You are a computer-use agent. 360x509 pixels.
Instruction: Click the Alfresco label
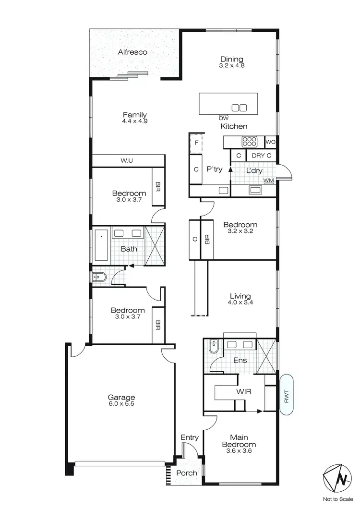point(132,52)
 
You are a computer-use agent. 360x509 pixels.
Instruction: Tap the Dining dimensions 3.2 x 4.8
point(232,66)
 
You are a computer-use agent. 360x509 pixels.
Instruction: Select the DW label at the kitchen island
point(223,118)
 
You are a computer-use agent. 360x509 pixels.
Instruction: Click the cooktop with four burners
point(250,141)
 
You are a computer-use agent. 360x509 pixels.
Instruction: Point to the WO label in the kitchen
point(270,142)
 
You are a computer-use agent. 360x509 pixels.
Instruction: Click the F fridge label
point(196,143)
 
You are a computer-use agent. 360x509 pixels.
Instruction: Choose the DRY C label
point(262,156)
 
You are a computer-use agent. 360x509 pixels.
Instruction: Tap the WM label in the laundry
point(268,181)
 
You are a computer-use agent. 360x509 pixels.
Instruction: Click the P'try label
point(214,170)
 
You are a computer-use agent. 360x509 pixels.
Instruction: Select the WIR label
point(244,391)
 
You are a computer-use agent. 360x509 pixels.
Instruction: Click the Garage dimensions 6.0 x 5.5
point(121,404)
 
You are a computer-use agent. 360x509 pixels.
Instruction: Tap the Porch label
point(187,473)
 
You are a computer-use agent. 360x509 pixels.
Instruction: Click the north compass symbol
point(341,479)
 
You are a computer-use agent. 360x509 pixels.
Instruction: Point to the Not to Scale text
point(341,500)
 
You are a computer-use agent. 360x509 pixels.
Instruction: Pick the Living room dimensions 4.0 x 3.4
point(240,303)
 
